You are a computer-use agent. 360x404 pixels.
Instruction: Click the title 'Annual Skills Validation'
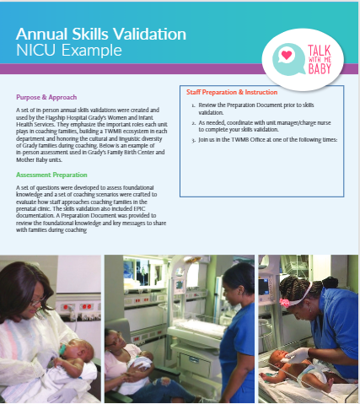point(101,35)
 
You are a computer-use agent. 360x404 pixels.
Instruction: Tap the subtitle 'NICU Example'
point(69,51)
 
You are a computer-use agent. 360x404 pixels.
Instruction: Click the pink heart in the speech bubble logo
point(287,55)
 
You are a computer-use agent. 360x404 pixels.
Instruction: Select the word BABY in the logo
point(320,68)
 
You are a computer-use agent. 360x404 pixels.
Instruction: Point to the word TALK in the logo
point(320,51)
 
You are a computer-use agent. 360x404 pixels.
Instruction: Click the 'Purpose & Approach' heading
point(46,97)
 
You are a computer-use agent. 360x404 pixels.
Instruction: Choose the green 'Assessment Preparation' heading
point(51,175)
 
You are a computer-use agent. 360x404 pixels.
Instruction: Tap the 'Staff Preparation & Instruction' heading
point(232,92)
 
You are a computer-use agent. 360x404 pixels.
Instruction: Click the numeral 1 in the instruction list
point(193,105)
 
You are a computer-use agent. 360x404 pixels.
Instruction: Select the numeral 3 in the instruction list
point(193,140)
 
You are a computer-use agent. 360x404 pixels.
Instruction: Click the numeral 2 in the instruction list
point(193,123)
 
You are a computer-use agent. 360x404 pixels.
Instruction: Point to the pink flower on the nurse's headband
point(285,303)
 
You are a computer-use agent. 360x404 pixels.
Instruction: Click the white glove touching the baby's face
point(297,356)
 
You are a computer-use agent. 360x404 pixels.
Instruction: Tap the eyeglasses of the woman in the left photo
point(38,301)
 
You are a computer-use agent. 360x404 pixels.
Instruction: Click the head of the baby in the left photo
point(78,352)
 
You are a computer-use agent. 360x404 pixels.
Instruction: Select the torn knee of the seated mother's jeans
point(164,382)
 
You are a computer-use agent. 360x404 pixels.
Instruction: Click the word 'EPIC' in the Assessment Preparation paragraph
point(139,209)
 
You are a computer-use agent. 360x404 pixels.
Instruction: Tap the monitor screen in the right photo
point(264,286)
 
